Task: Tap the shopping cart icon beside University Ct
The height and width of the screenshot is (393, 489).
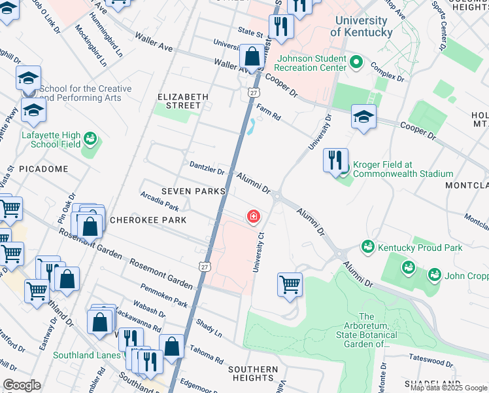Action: coord(290,285)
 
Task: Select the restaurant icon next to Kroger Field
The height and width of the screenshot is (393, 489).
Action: coord(335,160)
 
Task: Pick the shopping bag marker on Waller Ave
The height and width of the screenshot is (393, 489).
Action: coord(252,56)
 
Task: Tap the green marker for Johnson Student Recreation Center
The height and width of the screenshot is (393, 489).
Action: coord(356,63)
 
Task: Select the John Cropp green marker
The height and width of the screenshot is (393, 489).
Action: coord(433,275)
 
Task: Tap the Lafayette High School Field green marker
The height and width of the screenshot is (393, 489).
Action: coord(89,140)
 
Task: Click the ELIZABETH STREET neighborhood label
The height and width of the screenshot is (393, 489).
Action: coord(183,101)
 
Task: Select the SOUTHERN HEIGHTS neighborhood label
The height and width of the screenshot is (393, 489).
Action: coord(252,373)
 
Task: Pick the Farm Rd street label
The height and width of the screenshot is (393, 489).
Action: coord(268,113)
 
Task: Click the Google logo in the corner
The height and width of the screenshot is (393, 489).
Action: coord(22,384)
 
